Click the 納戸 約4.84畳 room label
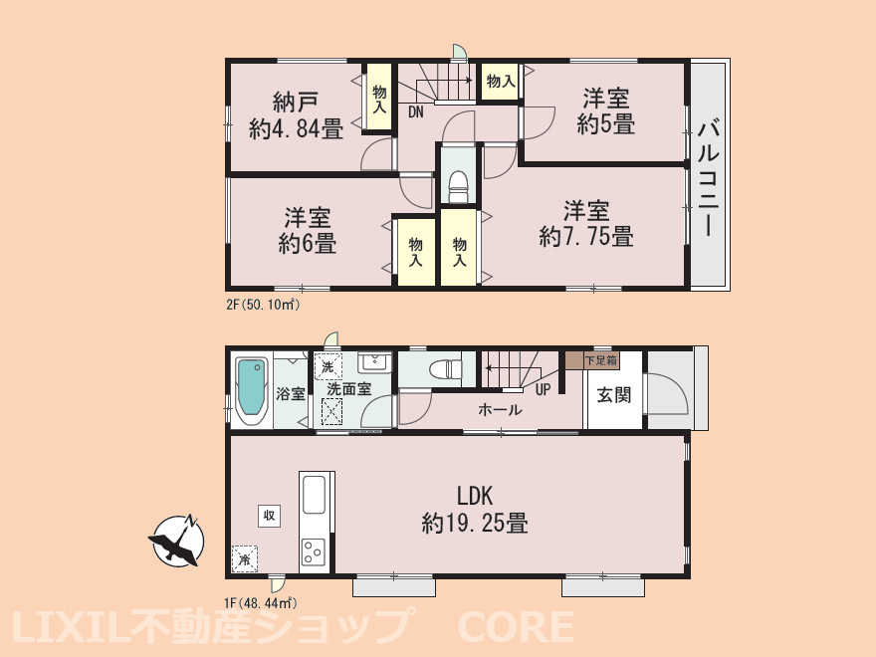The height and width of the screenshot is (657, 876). tap(296, 115)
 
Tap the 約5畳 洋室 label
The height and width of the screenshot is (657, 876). tap(605, 110)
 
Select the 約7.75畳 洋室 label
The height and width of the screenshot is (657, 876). tap(586, 223)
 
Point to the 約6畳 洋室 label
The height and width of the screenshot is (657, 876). tap(308, 231)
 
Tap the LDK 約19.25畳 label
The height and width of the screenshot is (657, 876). tap(474, 509)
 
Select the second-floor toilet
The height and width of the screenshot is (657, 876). tap(458, 186)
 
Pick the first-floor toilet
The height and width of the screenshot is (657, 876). tap(446, 368)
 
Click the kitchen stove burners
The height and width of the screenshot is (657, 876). tap(313, 551)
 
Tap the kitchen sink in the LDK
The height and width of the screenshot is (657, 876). tap(314, 495)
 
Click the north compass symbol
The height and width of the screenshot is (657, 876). tap(175, 541)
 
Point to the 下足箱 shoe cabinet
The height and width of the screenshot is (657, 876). tap(592, 359)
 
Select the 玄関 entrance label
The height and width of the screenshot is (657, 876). tap(614, 395)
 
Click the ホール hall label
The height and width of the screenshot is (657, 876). tap(500, 409)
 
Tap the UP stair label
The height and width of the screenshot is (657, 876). tap(544, 390)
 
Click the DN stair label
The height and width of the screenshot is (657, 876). tap(416, 112)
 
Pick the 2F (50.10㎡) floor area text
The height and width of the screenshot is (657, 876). tap(263, 306)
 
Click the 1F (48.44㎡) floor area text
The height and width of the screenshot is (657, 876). tap(261, 603)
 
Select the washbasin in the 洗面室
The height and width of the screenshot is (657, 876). tap(375, 362)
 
